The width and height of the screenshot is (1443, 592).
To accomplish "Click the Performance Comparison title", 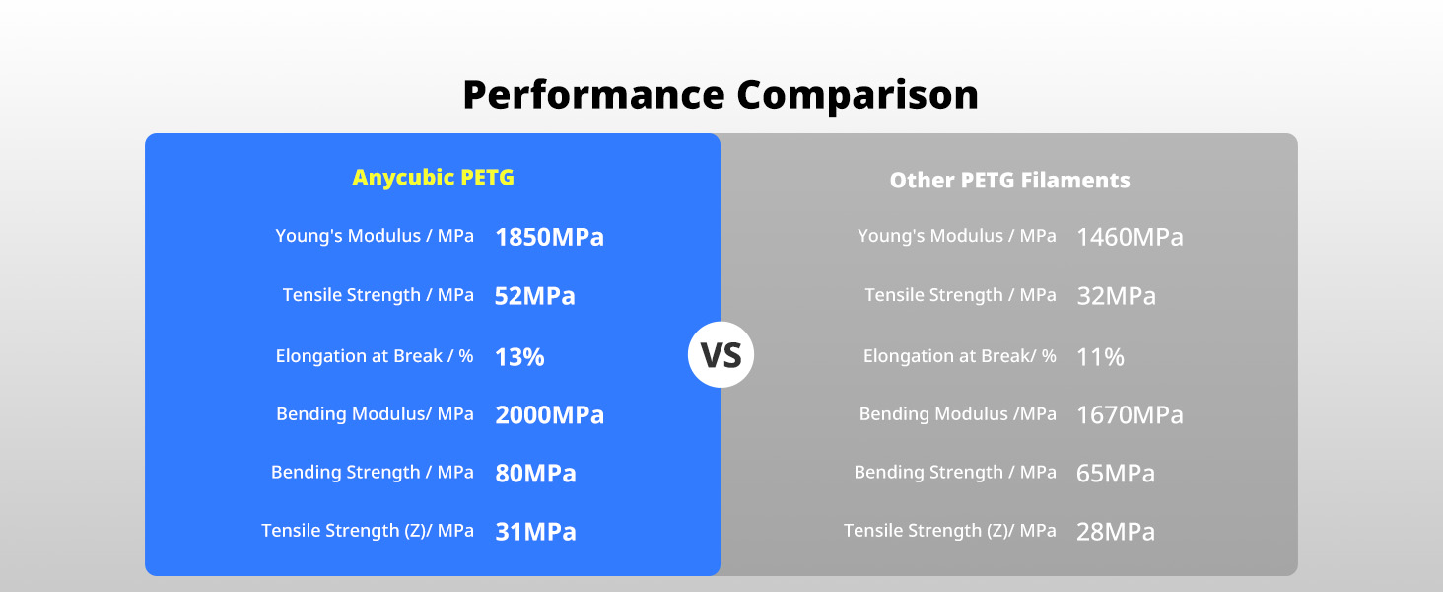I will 721,95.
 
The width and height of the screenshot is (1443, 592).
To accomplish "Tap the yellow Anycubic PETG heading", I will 433,178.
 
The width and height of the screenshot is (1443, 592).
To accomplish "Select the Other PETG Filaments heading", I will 1009,181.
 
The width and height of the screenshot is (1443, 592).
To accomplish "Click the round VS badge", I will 721,354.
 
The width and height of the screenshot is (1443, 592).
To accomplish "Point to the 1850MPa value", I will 549,237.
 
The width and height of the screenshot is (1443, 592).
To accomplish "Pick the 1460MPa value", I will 1130,237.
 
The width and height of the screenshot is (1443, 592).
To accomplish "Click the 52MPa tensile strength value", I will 534,296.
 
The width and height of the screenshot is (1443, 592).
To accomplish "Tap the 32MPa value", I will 1116,296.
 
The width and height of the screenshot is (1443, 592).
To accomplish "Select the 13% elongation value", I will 519,357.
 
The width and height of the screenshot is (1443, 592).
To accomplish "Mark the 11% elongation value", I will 1100,357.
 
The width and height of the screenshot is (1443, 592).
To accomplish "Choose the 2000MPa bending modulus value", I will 549,415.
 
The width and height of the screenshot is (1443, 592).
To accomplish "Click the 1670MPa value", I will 1130,415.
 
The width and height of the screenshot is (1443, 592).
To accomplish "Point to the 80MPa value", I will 535,474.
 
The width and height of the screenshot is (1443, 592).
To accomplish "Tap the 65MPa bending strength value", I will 1116,474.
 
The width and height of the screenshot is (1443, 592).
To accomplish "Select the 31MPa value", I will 535,532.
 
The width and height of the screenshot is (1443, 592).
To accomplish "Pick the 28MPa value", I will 1116,532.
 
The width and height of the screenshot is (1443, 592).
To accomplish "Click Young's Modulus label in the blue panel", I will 375,237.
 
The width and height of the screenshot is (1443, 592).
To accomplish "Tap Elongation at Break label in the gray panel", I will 959,356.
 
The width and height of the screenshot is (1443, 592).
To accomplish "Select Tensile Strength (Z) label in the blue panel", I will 367,531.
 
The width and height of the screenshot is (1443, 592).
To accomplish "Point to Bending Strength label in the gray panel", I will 954,473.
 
